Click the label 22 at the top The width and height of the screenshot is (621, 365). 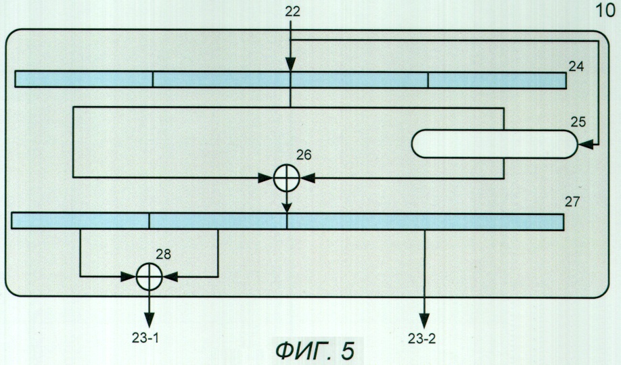[x=292, y=11]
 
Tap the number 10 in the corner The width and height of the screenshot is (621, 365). [x=605, y=11]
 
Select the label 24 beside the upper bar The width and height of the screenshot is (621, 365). [x=576, y=66]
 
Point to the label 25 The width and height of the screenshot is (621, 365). [x=578, y=122]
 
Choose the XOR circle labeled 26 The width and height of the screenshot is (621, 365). [x=287, y=178]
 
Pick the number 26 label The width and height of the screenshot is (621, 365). [x=304, y=155]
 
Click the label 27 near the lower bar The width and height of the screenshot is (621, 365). [x=572, y=202]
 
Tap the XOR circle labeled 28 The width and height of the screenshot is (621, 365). [x=149, y=276]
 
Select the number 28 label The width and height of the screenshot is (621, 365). [x=163, y=254]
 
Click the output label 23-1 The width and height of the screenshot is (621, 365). [x=145, y=338]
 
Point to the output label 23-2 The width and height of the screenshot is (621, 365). [x=421, y=339]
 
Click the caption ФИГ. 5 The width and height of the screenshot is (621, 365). [x=315, y=350]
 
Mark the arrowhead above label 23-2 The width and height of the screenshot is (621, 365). [x=425, y=320]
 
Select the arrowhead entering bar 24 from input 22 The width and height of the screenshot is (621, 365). [x=291, y=64]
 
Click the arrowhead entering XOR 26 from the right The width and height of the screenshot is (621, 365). [x=308, y=178]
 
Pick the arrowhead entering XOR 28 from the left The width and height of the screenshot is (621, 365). [x=129, y=276]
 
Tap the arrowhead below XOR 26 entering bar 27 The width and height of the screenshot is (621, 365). [x=287, y=208]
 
